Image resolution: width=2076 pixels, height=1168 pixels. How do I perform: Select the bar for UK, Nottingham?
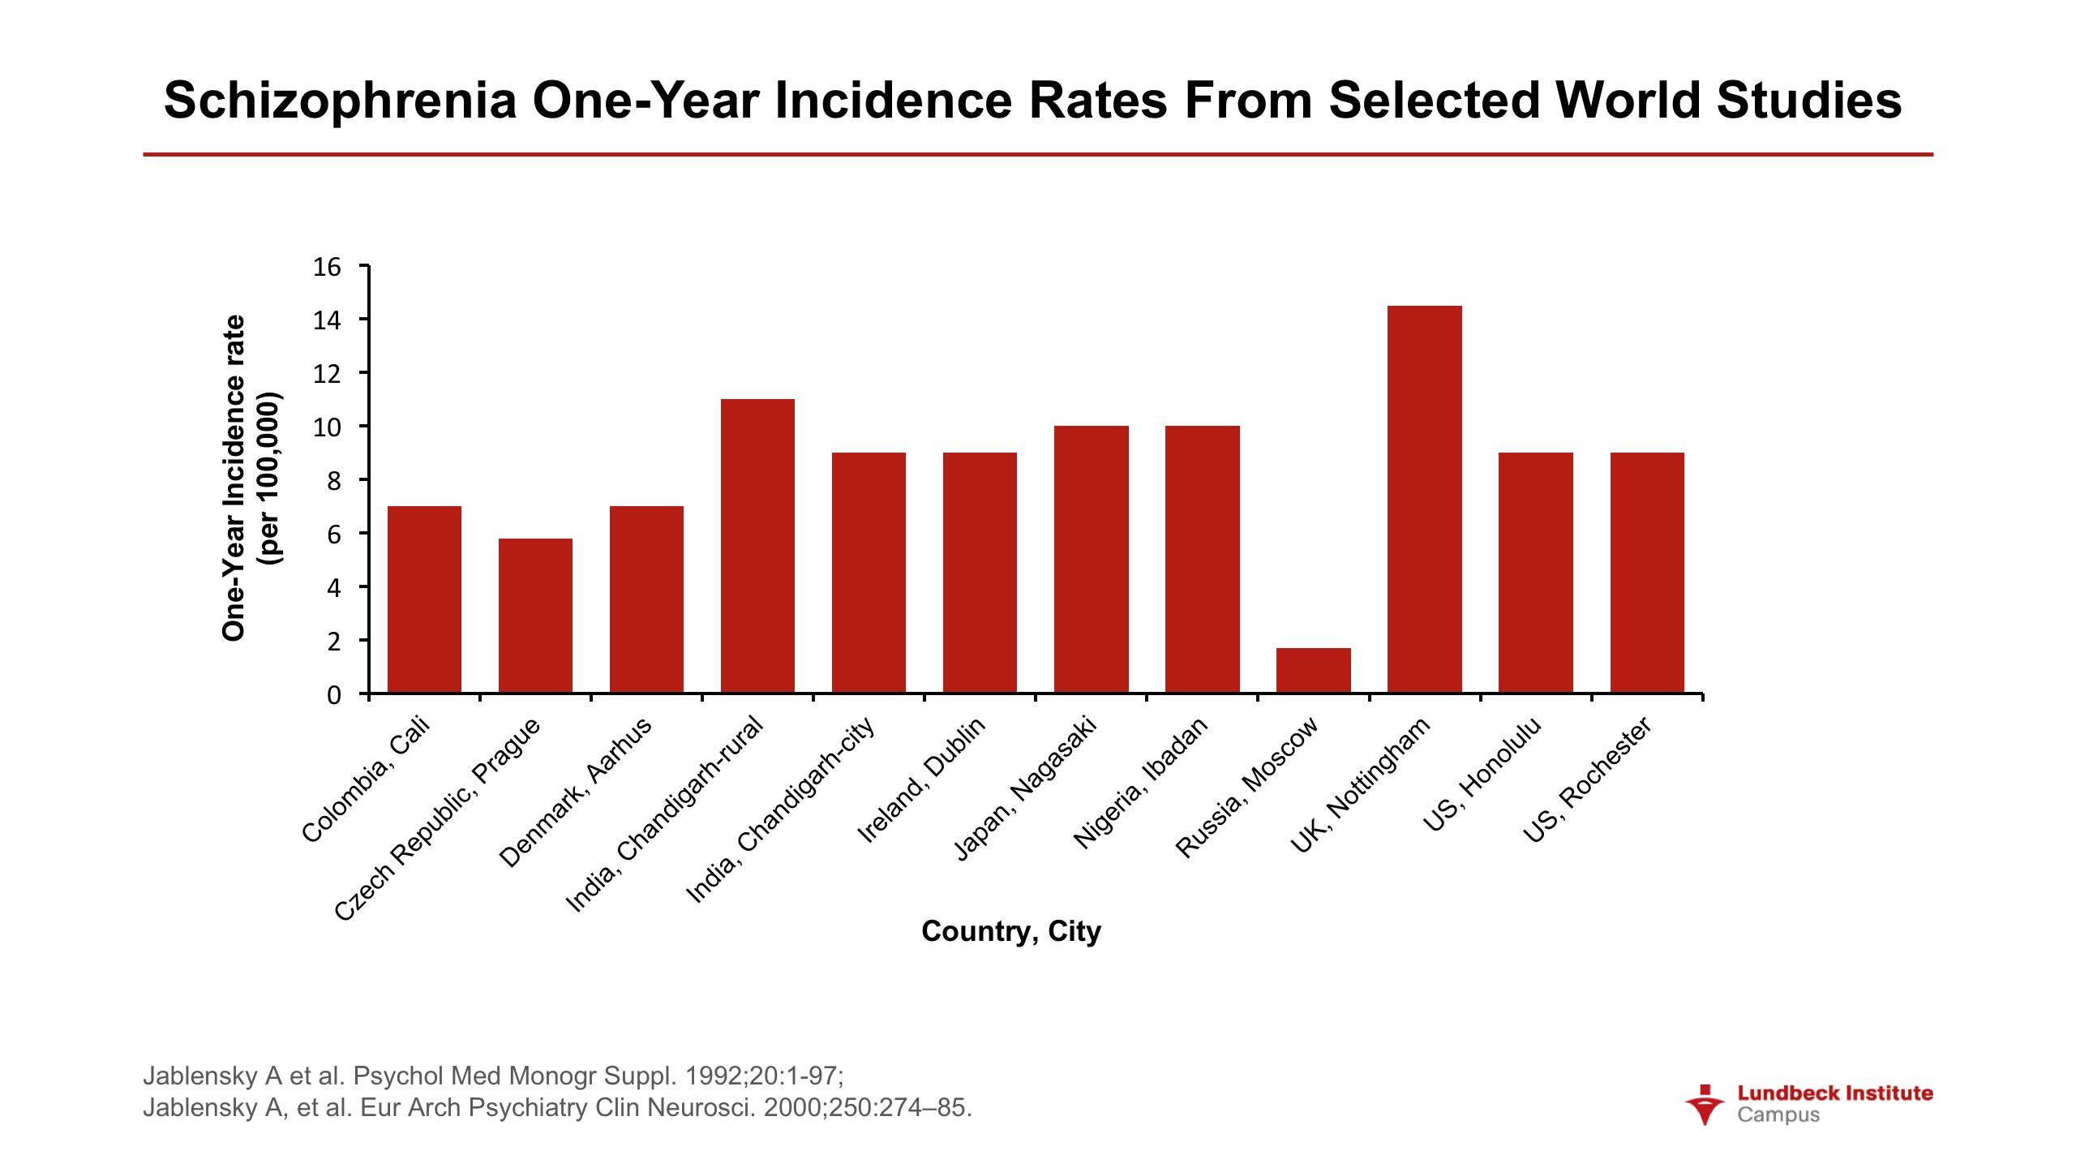point(1424,499)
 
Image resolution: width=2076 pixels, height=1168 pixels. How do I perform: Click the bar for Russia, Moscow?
point(1313,670)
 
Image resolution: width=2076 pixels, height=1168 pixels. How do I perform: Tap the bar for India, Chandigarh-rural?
point(757,546)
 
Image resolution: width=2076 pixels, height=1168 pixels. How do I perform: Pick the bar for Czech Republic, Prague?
point(535,616)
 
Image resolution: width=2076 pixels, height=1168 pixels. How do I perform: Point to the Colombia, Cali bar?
point(424,599)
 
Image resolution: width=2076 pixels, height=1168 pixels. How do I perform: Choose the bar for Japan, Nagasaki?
point(1091,559)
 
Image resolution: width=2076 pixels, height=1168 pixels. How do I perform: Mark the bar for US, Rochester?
point(1647,573)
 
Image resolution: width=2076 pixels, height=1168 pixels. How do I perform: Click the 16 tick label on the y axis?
point(327,267)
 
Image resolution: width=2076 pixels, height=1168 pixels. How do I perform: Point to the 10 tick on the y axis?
point(327,427)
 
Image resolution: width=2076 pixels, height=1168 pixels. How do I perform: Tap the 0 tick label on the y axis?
point(333,695)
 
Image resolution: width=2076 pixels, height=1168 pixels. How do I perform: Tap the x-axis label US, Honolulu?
point(1482,775)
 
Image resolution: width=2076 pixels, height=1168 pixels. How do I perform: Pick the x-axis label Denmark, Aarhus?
point(575,792)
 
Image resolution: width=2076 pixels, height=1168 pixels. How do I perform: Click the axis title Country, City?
point(1011,931)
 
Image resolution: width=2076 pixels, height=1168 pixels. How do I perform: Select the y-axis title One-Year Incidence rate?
point(234,479)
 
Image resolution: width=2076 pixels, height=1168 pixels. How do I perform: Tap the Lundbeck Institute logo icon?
point(1705,1104)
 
